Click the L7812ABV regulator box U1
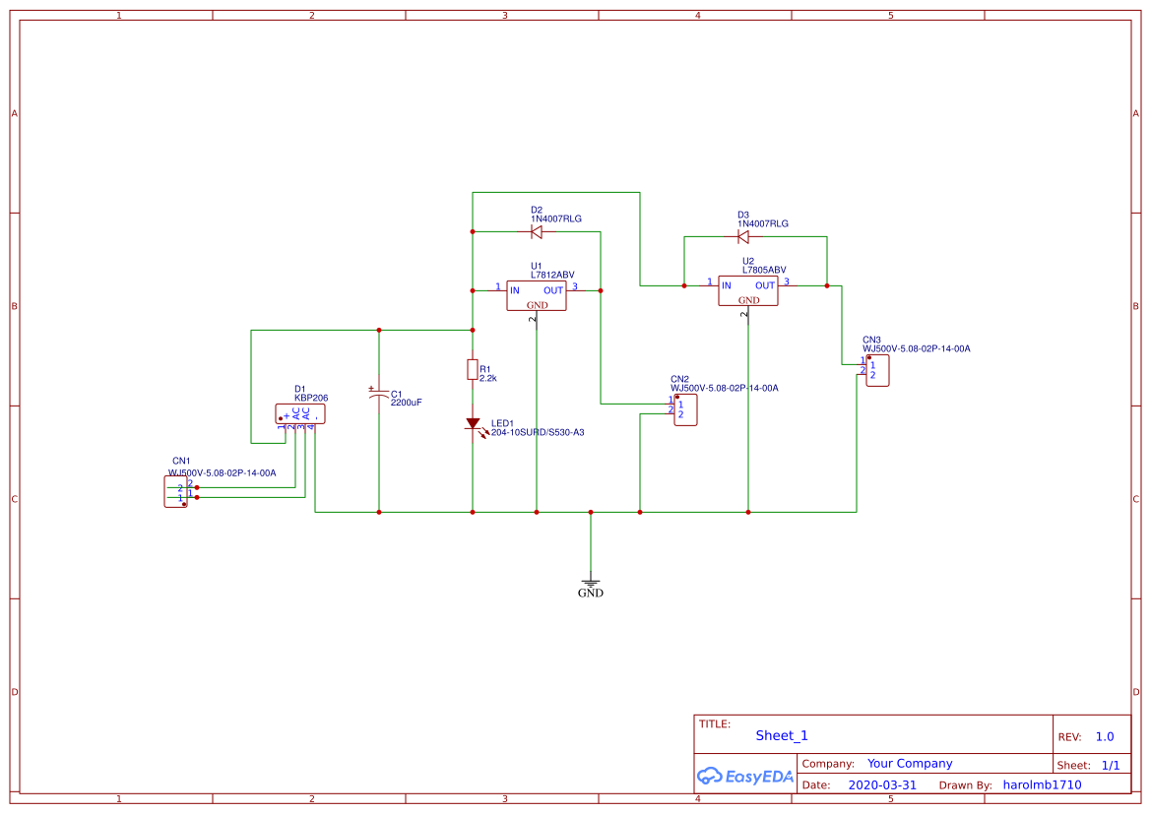(x=537, y=295)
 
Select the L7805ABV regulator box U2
(x=748, y=290)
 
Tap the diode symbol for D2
(x=537, y=232)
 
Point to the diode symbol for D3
(x=743, y=237)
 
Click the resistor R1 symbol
(x=473, y=369)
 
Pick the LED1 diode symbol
(x=473, y=424)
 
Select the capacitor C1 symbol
(x=379, y=395)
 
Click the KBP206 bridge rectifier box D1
(x=300, y=413)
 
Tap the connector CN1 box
(x=175, y=491)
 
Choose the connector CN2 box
(x=685, y=410)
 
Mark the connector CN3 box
(x=877, y=371)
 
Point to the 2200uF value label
(x=406, y=403)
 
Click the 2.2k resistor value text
(x=488, y=378)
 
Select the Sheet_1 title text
(x=782, y=735)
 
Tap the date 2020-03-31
(x=882, y=785)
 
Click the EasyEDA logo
(x=744, y=776)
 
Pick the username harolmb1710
(x=1042, y=785)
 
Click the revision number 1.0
(x=1105, y=736)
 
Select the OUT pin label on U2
(x=765, y=285)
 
